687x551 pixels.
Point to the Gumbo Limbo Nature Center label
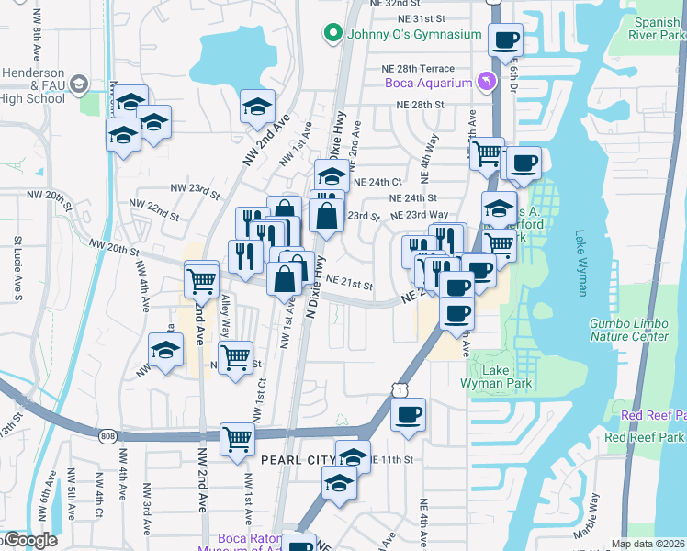click(x=628, y=330)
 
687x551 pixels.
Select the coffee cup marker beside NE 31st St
click(x=504, y=40)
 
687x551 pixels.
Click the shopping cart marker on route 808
click(x=237, y=441)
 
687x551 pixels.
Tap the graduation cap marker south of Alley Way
click(x=165, y=351)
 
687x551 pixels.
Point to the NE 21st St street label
click(x=348, y=285)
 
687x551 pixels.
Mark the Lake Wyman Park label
click(x=484, y=377)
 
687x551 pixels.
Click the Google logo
click(x=29, y=540)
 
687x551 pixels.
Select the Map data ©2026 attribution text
click(x=648, y=544)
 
